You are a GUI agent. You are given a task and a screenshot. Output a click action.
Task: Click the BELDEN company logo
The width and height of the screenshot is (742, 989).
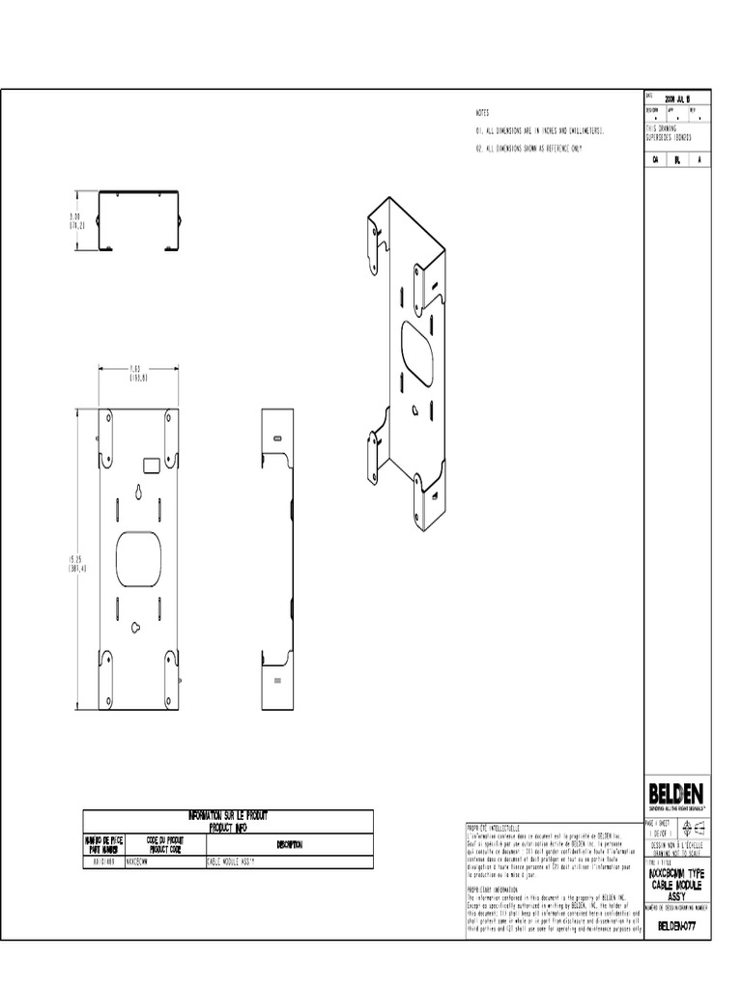(676, 792)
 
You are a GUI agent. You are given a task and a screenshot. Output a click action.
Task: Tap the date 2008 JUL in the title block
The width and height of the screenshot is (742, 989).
(676, 98)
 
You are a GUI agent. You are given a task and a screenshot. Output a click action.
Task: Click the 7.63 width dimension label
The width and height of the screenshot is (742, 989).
(136, 373)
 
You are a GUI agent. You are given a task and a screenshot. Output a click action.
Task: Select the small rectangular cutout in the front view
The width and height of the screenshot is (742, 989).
(151, 465)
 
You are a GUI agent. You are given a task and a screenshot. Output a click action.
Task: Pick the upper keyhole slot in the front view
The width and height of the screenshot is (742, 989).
(139, 495)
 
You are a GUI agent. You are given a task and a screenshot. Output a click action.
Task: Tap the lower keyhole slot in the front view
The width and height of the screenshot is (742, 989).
(139, 627)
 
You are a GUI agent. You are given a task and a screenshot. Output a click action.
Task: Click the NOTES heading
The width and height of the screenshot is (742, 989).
(482, 113)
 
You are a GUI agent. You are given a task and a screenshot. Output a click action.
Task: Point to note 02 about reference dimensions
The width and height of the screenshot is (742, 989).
(528, 150)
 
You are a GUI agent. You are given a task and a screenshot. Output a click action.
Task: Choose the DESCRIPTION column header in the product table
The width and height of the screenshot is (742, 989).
(289, 845)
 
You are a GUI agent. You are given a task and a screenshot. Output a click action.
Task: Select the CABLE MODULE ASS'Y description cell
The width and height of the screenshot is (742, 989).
(236, 861)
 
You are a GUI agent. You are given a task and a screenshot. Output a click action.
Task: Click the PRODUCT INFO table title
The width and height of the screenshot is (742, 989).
(227, 822)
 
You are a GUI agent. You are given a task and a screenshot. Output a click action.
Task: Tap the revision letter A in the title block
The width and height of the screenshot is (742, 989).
(699, 160)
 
